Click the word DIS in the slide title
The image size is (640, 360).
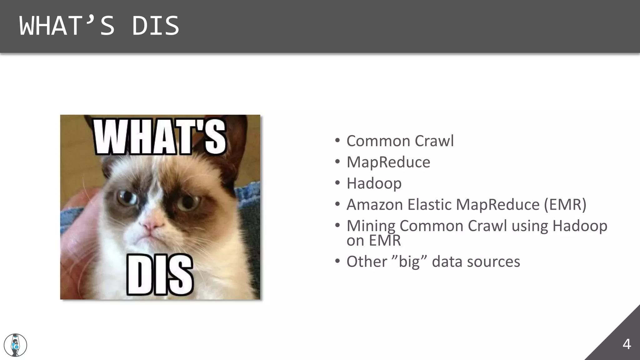[x=155, y=26]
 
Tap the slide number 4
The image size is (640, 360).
[x=626, y=344]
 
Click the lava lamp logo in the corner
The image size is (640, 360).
[x=15, y=345]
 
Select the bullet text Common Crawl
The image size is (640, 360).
[x=400, y=141]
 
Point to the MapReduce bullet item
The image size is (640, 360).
[x=388, y=162]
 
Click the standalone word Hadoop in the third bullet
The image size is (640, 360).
[x=374, y=183]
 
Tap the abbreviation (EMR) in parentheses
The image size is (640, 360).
[x=565, y=205]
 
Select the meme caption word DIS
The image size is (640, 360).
[x=160, y=275]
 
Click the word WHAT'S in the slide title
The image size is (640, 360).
[x=67, y=26]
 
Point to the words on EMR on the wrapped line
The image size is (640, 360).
[x=373, y=240]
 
